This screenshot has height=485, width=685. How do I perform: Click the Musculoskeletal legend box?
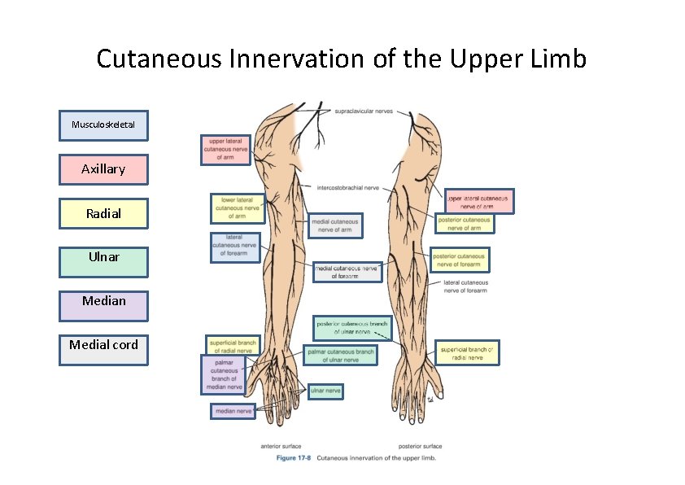(x=103, y=125)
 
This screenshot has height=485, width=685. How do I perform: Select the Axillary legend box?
(x=103, y=169)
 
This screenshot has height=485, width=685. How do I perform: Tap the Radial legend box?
(x=103, y=213)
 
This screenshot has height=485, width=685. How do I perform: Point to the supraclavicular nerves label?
(x=366, y=111)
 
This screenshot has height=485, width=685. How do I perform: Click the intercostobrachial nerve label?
(x=348, y=187)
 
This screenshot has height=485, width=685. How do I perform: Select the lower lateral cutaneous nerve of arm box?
(x=237, y=208)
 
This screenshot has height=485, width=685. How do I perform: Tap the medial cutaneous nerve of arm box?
(x=334, y=225)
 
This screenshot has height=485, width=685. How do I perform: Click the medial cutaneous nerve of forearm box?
(x=347, y=272)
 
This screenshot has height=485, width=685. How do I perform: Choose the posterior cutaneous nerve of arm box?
(x=464, y=224)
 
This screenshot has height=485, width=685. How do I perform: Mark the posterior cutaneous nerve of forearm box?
(x=460, y=260)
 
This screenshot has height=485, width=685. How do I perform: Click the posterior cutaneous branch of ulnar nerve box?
(x=351, y=328)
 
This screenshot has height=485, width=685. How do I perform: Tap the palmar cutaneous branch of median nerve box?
(x=223, y=375)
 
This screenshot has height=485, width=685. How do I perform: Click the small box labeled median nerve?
(x=233, y=412)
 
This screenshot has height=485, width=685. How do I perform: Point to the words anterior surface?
(x=281, y=446)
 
